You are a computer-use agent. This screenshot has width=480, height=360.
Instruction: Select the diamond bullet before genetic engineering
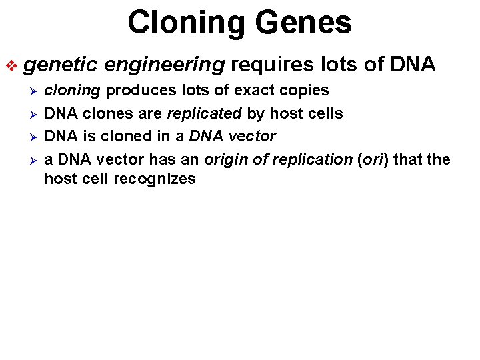(12, 65)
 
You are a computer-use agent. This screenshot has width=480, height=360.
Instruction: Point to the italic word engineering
(164, 65)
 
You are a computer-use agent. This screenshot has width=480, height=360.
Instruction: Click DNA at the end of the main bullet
(413, 65)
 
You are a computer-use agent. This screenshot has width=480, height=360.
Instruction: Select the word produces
(135, 91)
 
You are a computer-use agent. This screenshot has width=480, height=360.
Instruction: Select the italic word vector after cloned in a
(251, 136)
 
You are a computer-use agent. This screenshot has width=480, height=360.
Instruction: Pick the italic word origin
(225, 159)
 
